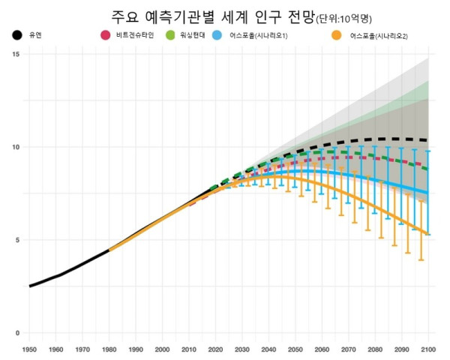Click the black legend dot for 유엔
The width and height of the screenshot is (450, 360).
(17, 35)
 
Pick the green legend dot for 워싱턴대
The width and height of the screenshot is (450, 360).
(169, 35)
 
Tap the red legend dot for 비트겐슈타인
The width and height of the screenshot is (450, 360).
(106, 35)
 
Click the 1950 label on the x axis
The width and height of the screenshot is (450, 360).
(30, 349)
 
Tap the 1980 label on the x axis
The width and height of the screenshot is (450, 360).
(109, 349)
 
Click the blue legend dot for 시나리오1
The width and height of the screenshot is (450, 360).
(217, 35)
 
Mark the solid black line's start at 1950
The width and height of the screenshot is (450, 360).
(30, 286)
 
